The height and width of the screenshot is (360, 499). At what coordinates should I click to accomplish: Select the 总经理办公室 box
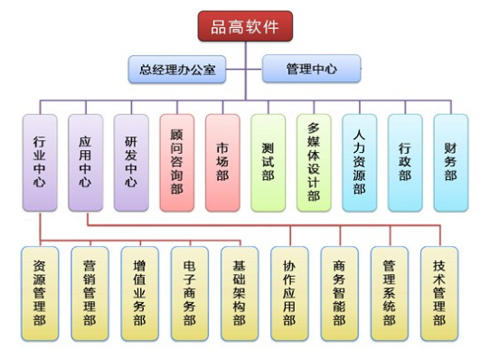pyautogui.click(x=177, y=69)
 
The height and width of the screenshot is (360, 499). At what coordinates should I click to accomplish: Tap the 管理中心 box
pyautogui.click(x=311, y=69)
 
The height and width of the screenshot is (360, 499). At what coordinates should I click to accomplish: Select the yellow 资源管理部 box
pyautogui.click(x=40, y=293)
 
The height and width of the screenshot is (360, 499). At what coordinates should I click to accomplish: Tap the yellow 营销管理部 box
pyautogui.click(x=89, y=293)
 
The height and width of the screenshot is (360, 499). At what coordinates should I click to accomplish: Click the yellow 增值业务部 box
pyautogui.click(x=139, y=293)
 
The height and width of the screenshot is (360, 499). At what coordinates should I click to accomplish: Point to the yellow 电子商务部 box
pyautogui.click(x=189, y=293)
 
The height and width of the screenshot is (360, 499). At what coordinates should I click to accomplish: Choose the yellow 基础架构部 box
pyautogui.click(x=240, y=293)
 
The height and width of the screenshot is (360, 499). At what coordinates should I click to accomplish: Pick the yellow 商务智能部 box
pyautogui.click(x=339, y=293)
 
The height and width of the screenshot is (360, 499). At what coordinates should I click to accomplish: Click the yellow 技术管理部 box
pyautogui.click(x=439, y=293)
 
